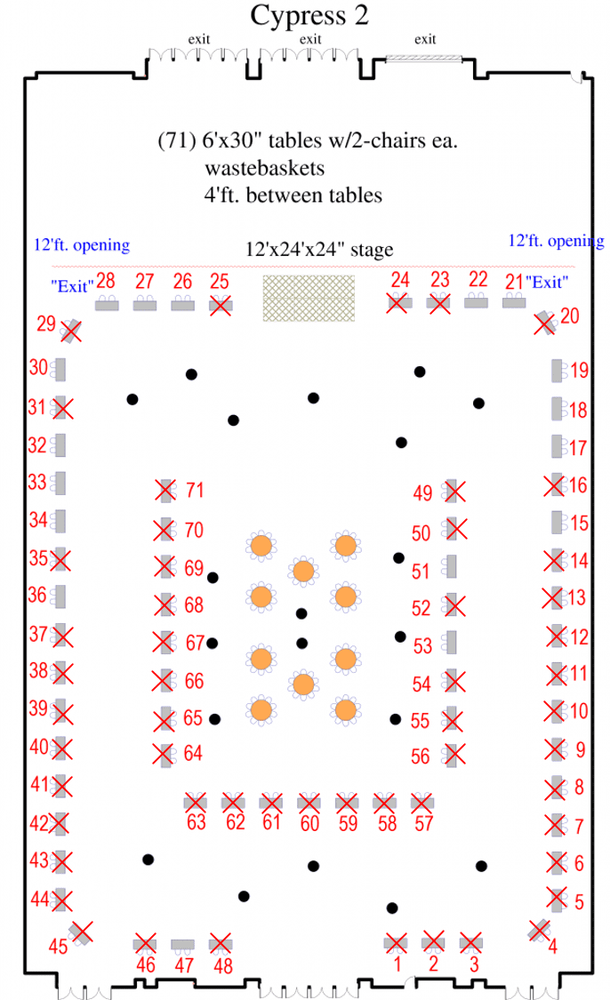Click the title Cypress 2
click(x=309, y=15)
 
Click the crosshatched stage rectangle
click(x=309, y=298)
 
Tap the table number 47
click(x=184, y=965)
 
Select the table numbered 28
click(x=107, y=305)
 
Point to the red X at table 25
click(x=221, y=305)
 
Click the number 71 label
click(x=195, y=490)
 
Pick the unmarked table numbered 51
click(x=451, y=566)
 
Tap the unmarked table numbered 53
click(x=451, y=643)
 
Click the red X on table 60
click(x=309, y=803)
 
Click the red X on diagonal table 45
click(x=82, y=932)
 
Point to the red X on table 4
click(x=540, y=931)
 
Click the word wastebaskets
click(x=264, y=168)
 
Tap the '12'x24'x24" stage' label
click(x=319, y=250)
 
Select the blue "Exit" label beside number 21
click(x=547, y=282)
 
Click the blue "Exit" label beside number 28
click(x=72, y=286)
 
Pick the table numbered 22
click(x=476, y=301)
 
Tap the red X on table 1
click(x=396, y=942)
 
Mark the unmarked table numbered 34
click(x=60, y=521)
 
